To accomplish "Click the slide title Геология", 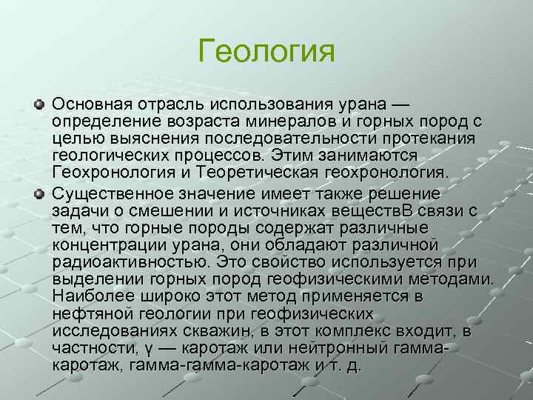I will click(x=266, y=53).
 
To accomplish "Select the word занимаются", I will click(x=373, y=156).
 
